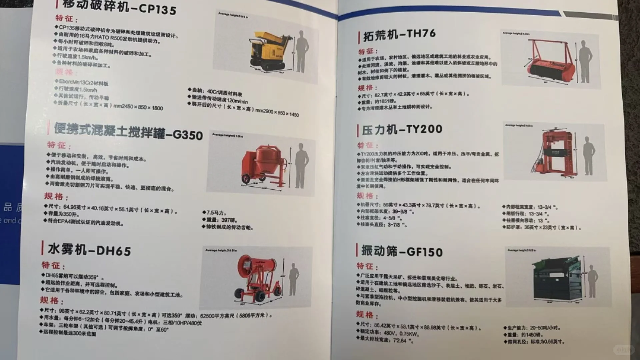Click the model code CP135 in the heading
pos(157,9)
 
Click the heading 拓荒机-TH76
pos(399,35)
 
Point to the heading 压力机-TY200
pos(402,130)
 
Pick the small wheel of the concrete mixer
pos(246,179)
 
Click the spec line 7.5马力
pos(216,213)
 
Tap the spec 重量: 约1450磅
pos(525,335)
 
